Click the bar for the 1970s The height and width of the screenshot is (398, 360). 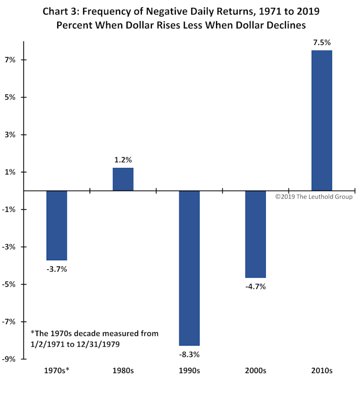tap(57, 225)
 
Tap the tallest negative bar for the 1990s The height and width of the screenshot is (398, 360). tap(189, 268)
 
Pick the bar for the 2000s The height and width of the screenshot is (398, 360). tap(255, 234)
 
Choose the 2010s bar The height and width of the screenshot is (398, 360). tap(321, 120)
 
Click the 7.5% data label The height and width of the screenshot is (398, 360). tap(321, 43)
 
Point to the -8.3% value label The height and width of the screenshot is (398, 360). tap(189, 355)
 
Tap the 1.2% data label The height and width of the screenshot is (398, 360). tap(123, 160)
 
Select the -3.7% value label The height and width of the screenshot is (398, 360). tap(57, 269)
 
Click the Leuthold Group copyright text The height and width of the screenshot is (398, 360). tap(313, 197)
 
